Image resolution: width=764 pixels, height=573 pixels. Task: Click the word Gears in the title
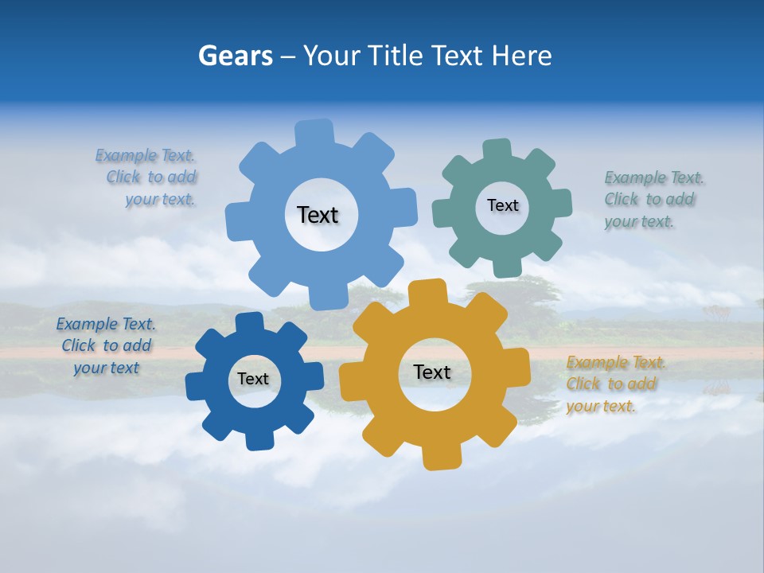(235, 56)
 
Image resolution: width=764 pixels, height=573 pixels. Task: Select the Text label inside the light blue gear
(318, 215)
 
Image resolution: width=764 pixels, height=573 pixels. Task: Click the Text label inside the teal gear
(502, 205)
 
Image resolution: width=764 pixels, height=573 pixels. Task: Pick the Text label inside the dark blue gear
(253, 379)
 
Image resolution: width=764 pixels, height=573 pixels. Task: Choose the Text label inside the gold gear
(432, 372)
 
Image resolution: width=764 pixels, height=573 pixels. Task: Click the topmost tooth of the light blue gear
(314, 132)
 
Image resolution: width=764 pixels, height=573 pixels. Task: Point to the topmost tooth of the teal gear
(497, 150)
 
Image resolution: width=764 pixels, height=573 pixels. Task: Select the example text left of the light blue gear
(150, 177)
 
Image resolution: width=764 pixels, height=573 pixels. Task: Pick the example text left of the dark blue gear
(107, 345)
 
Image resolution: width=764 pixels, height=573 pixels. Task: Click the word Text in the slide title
(458, 56)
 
